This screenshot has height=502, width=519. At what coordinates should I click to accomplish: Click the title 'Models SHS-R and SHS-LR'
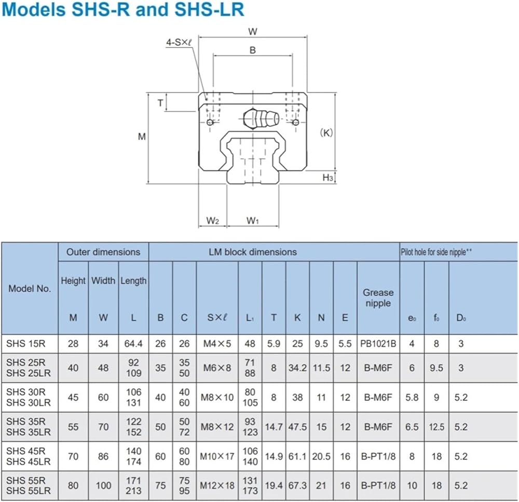pos(123,9)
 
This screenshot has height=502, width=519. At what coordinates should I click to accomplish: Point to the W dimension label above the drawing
pos(253,32)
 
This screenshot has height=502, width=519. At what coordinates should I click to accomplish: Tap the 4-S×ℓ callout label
pos(179,43)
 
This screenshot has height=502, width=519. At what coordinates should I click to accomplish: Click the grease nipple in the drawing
pos(261,118)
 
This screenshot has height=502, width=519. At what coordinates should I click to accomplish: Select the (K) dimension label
pos(326,133)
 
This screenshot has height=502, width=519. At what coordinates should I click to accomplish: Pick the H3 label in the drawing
pos(327,178)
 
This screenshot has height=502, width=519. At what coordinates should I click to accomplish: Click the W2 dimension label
pos(212,221)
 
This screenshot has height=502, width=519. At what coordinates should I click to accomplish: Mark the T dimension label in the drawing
pos(160,103)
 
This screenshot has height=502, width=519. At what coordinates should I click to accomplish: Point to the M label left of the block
pos(142,137)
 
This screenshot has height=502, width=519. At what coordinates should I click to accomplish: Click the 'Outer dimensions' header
pos(103,252)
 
